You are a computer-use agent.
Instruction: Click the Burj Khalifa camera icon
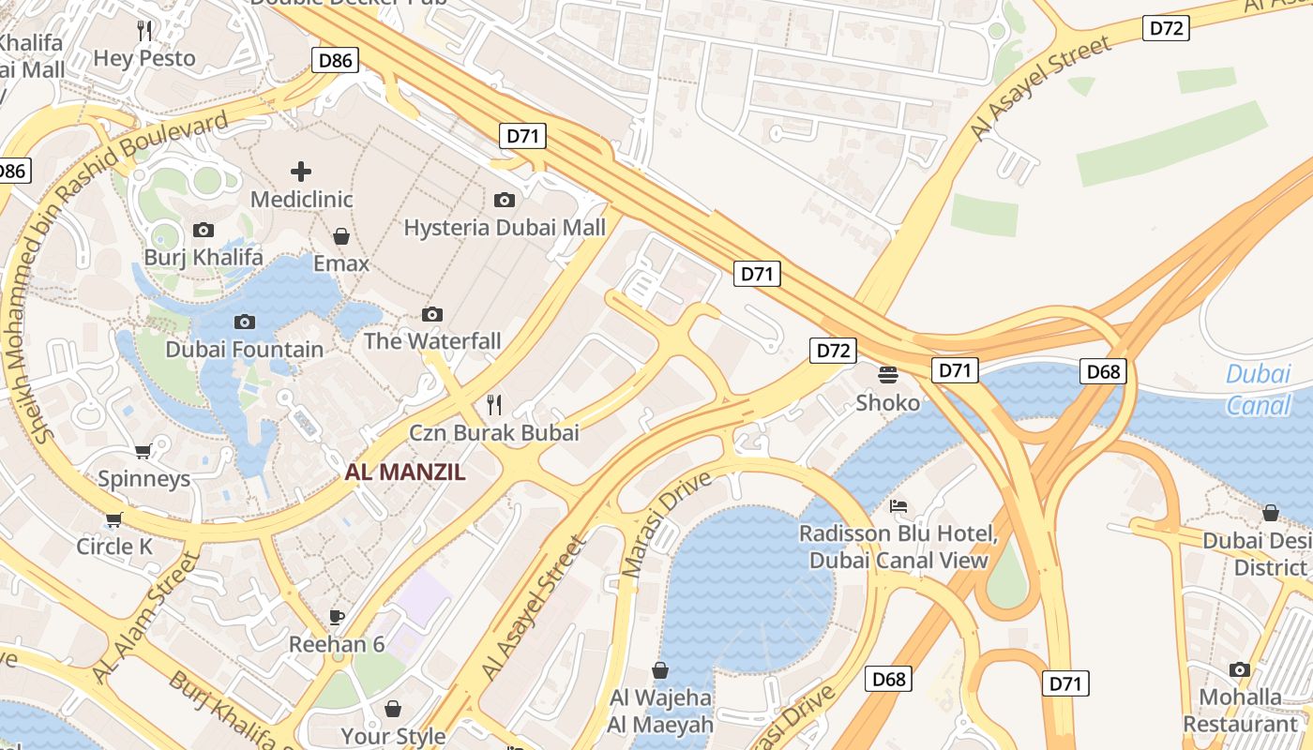[203, 230]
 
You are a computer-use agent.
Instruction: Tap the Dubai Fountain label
[244, 350]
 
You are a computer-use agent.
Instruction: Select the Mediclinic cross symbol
[301, 172]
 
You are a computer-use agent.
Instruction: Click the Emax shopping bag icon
[341, 236]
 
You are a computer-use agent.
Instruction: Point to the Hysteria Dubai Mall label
[504, 227]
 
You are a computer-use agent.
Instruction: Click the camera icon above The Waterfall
[432, 314]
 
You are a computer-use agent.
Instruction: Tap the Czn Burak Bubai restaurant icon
[494, 405]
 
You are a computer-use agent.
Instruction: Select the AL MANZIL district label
[405, 472]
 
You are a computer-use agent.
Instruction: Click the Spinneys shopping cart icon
[143, 452]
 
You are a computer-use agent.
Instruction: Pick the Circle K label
[114, 546]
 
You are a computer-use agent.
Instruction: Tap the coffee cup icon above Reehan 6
[337, 617]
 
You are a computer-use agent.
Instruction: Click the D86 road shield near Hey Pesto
[335, 62]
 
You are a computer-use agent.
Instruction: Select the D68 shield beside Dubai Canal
[1103, 371]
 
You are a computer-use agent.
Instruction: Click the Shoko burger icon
[888, 375]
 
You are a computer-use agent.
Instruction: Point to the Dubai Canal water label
[1258, 389]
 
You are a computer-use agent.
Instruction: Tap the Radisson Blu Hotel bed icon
[898, 506]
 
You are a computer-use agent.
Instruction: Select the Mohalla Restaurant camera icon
[1240, 669]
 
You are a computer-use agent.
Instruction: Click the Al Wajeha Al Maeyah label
[660, 711]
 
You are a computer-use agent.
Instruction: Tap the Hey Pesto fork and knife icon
[144, 31]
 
